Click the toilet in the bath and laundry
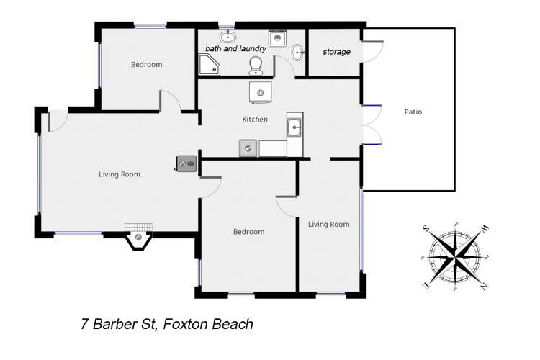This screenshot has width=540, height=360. click(255, 66)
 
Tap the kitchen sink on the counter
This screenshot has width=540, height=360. click(294, 127)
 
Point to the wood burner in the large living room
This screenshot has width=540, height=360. click(186, 164)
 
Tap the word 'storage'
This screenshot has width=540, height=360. click(336, 52)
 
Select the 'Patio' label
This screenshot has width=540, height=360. click(413, 112)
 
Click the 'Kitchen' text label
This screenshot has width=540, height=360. click(255, 120)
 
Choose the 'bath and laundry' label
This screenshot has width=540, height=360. click(235, 49)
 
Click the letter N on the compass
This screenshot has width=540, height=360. click(484, 287)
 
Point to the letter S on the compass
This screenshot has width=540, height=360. click(426, 228)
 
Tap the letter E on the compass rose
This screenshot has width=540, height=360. click(426, 286)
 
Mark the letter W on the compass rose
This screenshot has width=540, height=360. click(485, 229)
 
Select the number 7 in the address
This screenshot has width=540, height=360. click(85, 324)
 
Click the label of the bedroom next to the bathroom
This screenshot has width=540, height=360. click(146, 65)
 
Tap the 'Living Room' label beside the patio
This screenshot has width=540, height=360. click(328, 225)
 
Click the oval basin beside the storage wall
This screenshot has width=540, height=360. click(298, 51)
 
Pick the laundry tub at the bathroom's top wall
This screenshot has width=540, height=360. click(277, 38)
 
